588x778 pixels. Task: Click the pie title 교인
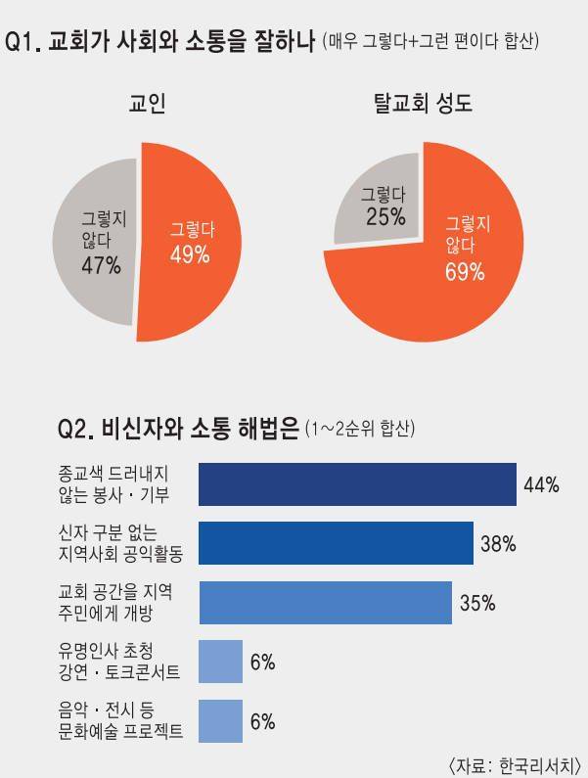[148, 103]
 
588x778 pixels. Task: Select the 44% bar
[357, 484]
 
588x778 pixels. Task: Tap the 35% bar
[325, 603]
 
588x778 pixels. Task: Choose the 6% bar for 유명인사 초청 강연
[220, 662]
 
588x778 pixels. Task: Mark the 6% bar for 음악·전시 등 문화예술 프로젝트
[220, 721]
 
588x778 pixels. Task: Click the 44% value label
[541, 484]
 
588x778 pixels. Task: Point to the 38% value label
[498, 543]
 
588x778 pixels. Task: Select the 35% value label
[477, 603]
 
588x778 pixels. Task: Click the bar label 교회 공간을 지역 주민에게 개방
[115, 603]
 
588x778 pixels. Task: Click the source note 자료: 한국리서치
[514, 762]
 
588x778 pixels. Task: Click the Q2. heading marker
[77, 429]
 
